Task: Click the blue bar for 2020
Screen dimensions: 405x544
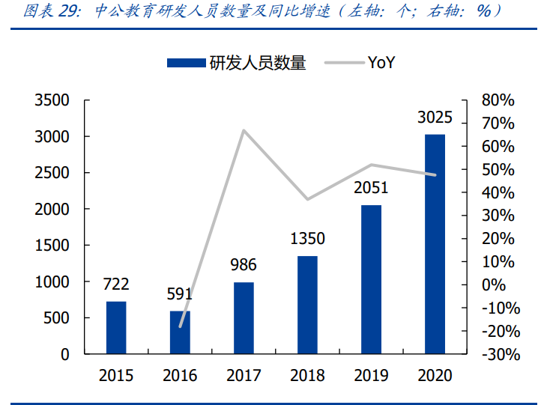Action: (435, 244)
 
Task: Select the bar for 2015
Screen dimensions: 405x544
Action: (116, 327)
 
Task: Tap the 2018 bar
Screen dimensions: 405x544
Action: (307, 305)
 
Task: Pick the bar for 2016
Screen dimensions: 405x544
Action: (180, 332)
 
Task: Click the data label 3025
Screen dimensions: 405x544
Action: (435, 118)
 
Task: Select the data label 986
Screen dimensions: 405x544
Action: (244, 265)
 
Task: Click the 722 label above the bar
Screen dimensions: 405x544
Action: (116, 284)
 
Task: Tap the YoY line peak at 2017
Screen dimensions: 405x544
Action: (244, 131)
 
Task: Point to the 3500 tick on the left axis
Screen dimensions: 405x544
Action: (52, 100)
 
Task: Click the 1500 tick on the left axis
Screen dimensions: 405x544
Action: (52, 246)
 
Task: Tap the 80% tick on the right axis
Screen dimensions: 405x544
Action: (498, 100)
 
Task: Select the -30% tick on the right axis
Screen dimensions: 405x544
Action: (498, 354)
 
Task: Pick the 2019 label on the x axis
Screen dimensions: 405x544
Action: (371, 376)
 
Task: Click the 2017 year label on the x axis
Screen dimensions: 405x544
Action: (244, 376)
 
